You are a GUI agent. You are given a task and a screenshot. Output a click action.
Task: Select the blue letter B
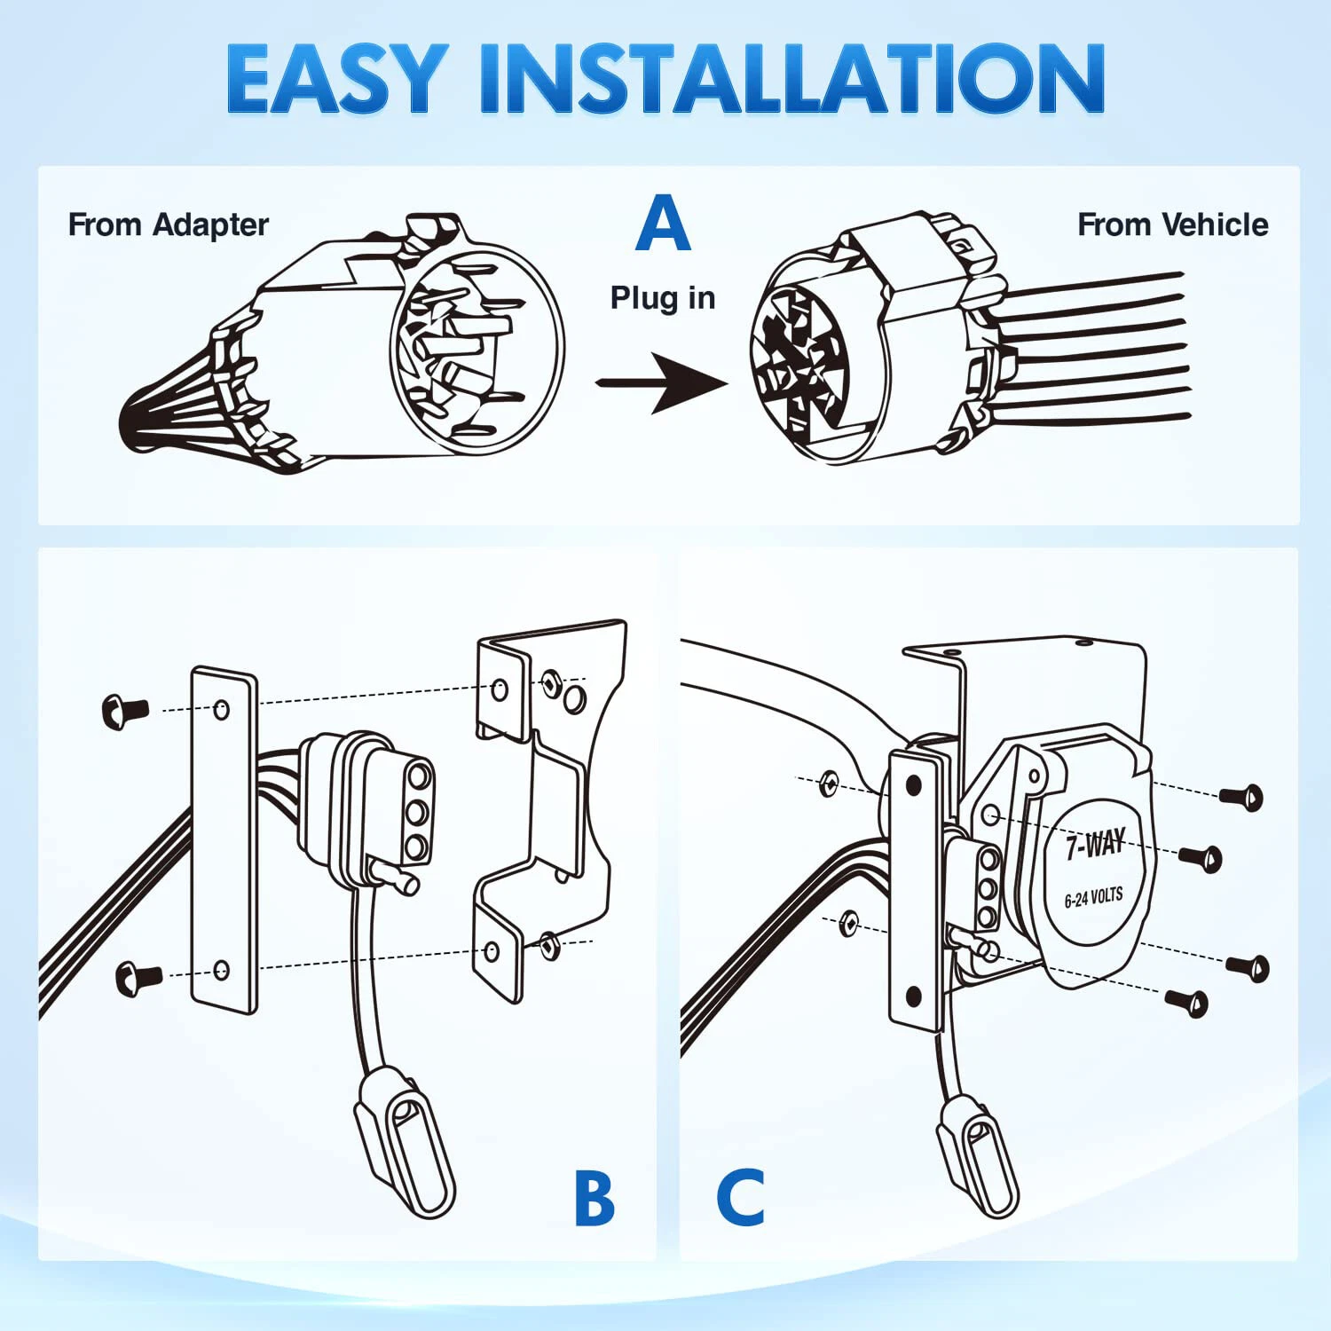click(594, 1198)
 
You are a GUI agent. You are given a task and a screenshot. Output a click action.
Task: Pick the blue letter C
click(740, 1198)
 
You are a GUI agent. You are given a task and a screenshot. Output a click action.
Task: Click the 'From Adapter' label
click(168, 225)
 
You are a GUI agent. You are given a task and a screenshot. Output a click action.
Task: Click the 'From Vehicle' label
click(1172, 225)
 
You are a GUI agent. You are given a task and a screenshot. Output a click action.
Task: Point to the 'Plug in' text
click(663, 298)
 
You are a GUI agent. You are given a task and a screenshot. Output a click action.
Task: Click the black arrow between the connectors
click(661, 382)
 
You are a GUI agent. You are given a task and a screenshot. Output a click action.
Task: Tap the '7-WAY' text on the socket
click(1095, 844)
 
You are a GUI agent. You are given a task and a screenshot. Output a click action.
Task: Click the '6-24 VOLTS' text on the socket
click(1093, 898)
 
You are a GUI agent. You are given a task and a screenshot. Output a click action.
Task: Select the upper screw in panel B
click(125, 711)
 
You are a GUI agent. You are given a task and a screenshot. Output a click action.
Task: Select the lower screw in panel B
click(138, 977)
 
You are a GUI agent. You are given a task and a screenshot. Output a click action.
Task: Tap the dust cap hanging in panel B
click(405, 1140)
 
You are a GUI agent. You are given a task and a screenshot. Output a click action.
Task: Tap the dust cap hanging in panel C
click(979, 1154)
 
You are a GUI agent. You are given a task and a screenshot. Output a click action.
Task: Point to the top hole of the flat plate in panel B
click(222, 709)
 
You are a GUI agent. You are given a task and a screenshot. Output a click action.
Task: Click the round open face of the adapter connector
click(476, 348)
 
